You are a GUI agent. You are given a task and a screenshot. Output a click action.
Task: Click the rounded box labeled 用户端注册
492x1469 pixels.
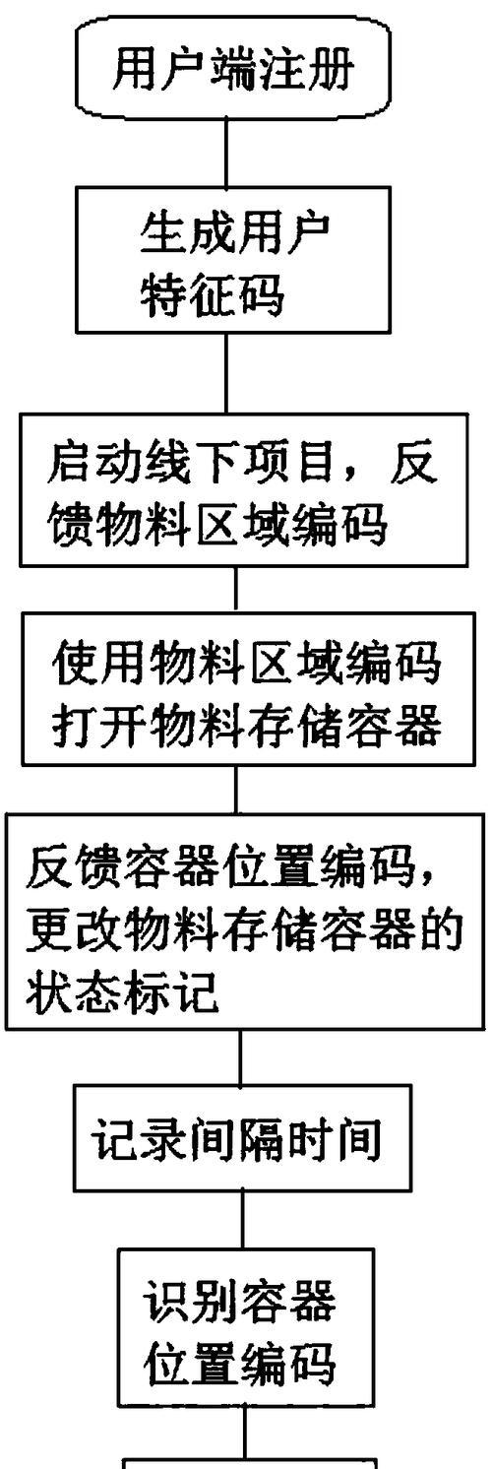pos(234,68)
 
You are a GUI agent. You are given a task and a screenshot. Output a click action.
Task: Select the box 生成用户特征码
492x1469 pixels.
pos(234,260)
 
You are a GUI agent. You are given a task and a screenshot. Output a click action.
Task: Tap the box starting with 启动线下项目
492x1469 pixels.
pos(244,489)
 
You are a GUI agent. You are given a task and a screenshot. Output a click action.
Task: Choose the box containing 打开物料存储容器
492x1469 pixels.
pos(249,688)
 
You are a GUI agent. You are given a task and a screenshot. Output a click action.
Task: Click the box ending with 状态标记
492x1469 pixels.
pos(246,922)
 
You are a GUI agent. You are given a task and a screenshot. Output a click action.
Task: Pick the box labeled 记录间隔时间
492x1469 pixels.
pos(242,1138)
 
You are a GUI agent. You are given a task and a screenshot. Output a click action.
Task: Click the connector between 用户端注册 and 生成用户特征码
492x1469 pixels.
pos(226,154)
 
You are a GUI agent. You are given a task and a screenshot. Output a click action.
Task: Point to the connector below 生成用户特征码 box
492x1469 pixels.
pos(227,372)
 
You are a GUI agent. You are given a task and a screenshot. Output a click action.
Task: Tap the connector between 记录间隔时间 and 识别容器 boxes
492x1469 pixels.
pos(244,1220)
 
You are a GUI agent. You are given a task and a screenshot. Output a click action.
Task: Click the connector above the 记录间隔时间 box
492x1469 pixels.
pos(240,1057)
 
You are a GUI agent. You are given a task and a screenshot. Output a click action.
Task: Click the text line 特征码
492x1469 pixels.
pos(213,294)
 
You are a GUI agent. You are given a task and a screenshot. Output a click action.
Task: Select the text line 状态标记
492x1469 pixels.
pos(122,991)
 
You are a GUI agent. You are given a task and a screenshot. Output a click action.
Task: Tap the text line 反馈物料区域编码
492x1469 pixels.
pos(216,524)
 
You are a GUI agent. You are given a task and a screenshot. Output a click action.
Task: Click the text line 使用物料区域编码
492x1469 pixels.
pos(248,663)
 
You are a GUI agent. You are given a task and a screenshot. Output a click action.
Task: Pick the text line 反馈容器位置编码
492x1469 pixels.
pos(229,867)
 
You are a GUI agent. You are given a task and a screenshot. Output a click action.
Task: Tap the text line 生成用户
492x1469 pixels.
pos(235,234)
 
